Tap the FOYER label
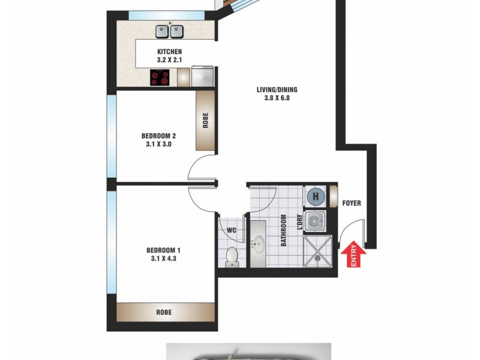click(x=352, y=203)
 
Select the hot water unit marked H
click(x=314, y=196)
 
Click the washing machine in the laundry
click(x=314, y=221)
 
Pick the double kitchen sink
click(x=169, y=31)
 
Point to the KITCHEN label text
click(x=169, y=52)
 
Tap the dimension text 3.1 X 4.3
click(x=163, y=259)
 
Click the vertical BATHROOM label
click(x=283, y=231)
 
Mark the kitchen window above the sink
click(x=155, y=15)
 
